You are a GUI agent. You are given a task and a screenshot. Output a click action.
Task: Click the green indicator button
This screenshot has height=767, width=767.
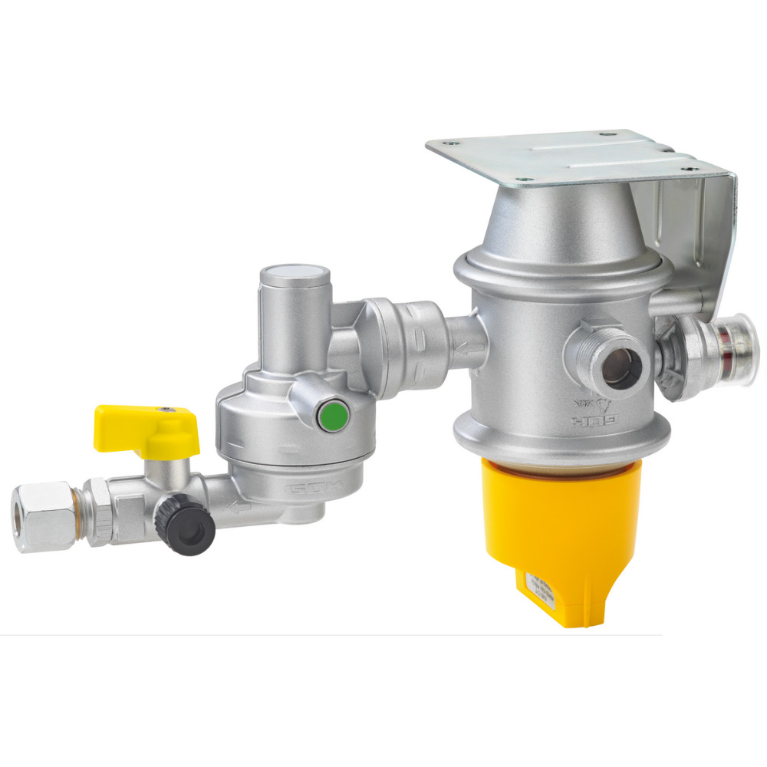pyautogui.click(x=331, y=417)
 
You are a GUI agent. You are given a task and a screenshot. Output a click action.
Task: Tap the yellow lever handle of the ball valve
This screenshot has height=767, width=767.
pyautogui.click(x=145, y=430)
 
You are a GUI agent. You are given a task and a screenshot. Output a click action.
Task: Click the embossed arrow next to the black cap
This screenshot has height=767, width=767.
pyautogui.click(x=240, y=507)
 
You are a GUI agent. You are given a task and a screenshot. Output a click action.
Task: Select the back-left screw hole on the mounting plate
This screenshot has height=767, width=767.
pyautogui.click(x=454, y=143)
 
